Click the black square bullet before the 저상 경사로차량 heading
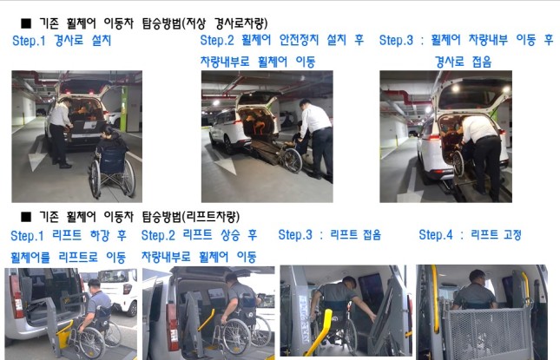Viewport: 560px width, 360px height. pos(26,23)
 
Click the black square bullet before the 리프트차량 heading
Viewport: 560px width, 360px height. pos(26,216)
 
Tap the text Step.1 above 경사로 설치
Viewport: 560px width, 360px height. pos(29,40)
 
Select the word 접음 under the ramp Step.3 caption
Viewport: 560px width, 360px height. pos(482,62)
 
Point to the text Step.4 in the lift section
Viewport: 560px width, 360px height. pos(436,235)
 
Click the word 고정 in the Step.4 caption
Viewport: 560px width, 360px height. pos(512,234)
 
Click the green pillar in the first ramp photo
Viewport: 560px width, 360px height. pos(123,108)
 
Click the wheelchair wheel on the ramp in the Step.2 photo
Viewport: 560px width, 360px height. pos(293,160)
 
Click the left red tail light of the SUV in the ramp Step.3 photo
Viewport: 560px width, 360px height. pos(434,137)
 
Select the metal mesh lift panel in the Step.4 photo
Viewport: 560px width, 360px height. pos(486,333)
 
